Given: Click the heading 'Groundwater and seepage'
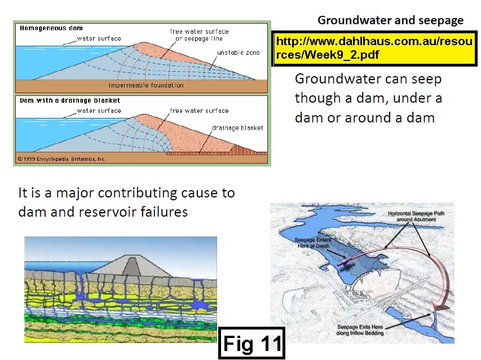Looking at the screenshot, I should click(x=390, y=21).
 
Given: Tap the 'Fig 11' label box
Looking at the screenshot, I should click(x=251, y=343).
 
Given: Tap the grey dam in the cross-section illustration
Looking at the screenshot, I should click(x=131, y=265).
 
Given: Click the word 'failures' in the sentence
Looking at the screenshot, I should click(x=163, y=213).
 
